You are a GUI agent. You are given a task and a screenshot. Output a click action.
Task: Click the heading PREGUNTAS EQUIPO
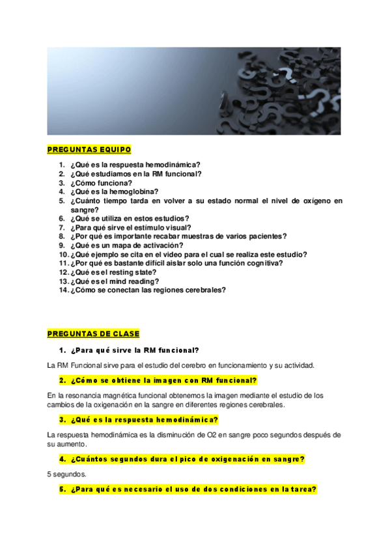click(89, 150)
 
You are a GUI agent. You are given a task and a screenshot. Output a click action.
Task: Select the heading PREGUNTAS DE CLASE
click(93, 334)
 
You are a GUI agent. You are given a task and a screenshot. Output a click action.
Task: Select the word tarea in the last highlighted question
click(299, 489)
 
